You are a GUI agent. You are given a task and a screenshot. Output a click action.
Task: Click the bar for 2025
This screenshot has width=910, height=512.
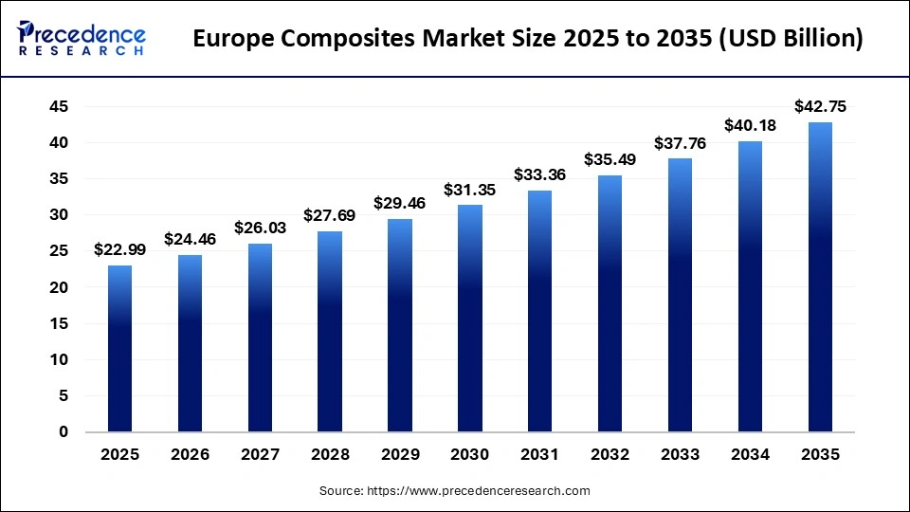point(119,348)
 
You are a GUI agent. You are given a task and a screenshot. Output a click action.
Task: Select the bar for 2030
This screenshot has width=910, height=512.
point(469,318)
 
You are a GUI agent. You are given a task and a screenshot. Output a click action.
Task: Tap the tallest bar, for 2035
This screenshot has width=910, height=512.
point(819,277)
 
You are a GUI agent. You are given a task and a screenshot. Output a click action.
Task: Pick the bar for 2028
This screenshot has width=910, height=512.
point(329,331)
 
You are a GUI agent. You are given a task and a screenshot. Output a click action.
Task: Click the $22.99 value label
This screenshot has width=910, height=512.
point(119,249)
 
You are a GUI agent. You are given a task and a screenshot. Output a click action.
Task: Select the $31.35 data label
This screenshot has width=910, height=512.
point(469,189)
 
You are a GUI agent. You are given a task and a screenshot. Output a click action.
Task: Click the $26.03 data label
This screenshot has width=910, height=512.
point(260,228)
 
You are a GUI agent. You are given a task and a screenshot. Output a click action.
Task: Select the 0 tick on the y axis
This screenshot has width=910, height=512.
point(63,432)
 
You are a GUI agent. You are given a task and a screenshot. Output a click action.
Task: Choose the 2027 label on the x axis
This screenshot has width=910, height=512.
point(260,455)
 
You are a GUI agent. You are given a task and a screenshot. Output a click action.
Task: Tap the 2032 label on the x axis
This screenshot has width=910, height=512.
point(610,455)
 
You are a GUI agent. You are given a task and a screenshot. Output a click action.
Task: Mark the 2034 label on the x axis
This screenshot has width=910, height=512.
point(749,455)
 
